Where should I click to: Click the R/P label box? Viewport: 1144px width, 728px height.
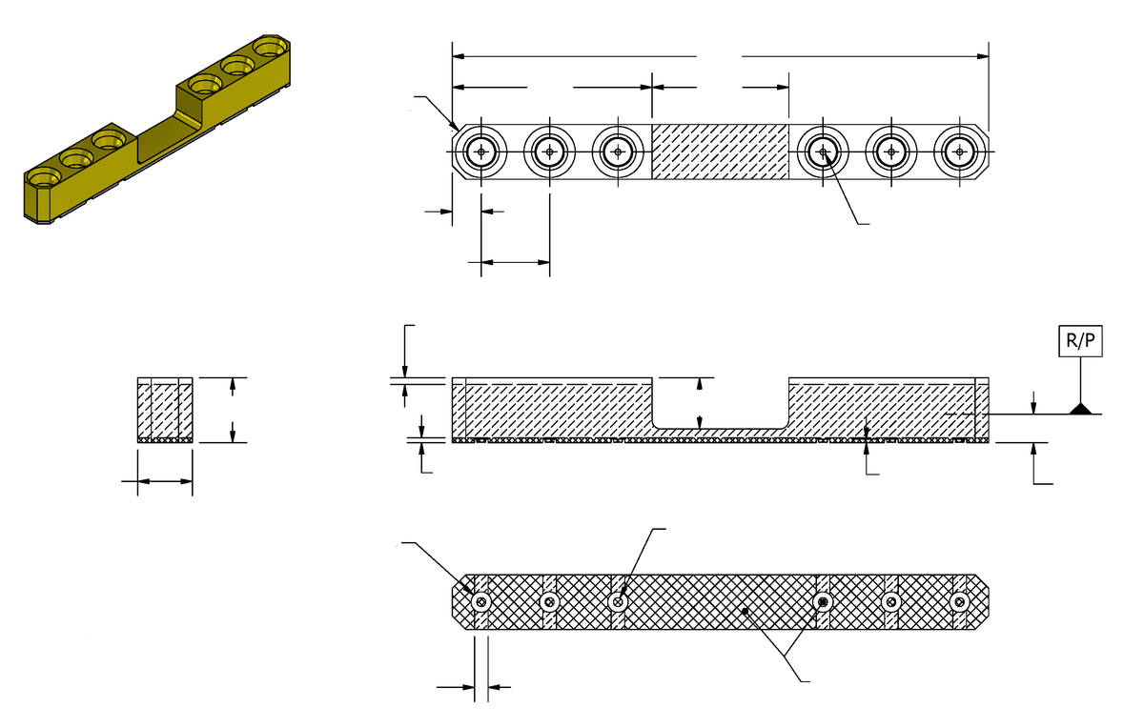(1081, 342)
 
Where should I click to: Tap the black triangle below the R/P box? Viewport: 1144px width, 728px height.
(1081, 409)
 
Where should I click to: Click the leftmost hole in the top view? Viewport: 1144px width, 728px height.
(482, 152)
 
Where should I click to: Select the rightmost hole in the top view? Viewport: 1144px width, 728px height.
(959, 152)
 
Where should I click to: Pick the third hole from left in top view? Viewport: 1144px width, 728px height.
(619, 152)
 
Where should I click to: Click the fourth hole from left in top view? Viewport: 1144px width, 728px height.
(823, 152)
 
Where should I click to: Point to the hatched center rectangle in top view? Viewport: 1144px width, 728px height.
(720, 152)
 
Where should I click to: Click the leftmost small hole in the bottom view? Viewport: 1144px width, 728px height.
(481, 601)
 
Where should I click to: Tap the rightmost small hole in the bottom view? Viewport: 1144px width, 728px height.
(960, 601)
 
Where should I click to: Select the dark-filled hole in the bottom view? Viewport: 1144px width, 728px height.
(824, 601)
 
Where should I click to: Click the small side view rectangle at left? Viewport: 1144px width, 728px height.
(165, 411)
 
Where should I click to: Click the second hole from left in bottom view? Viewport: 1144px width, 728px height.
(550, 601)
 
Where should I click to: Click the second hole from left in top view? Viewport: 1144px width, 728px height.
(550, 152)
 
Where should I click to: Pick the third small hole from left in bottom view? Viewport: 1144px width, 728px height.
(619, 601)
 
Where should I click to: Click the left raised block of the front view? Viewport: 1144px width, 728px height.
(552, 405)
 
